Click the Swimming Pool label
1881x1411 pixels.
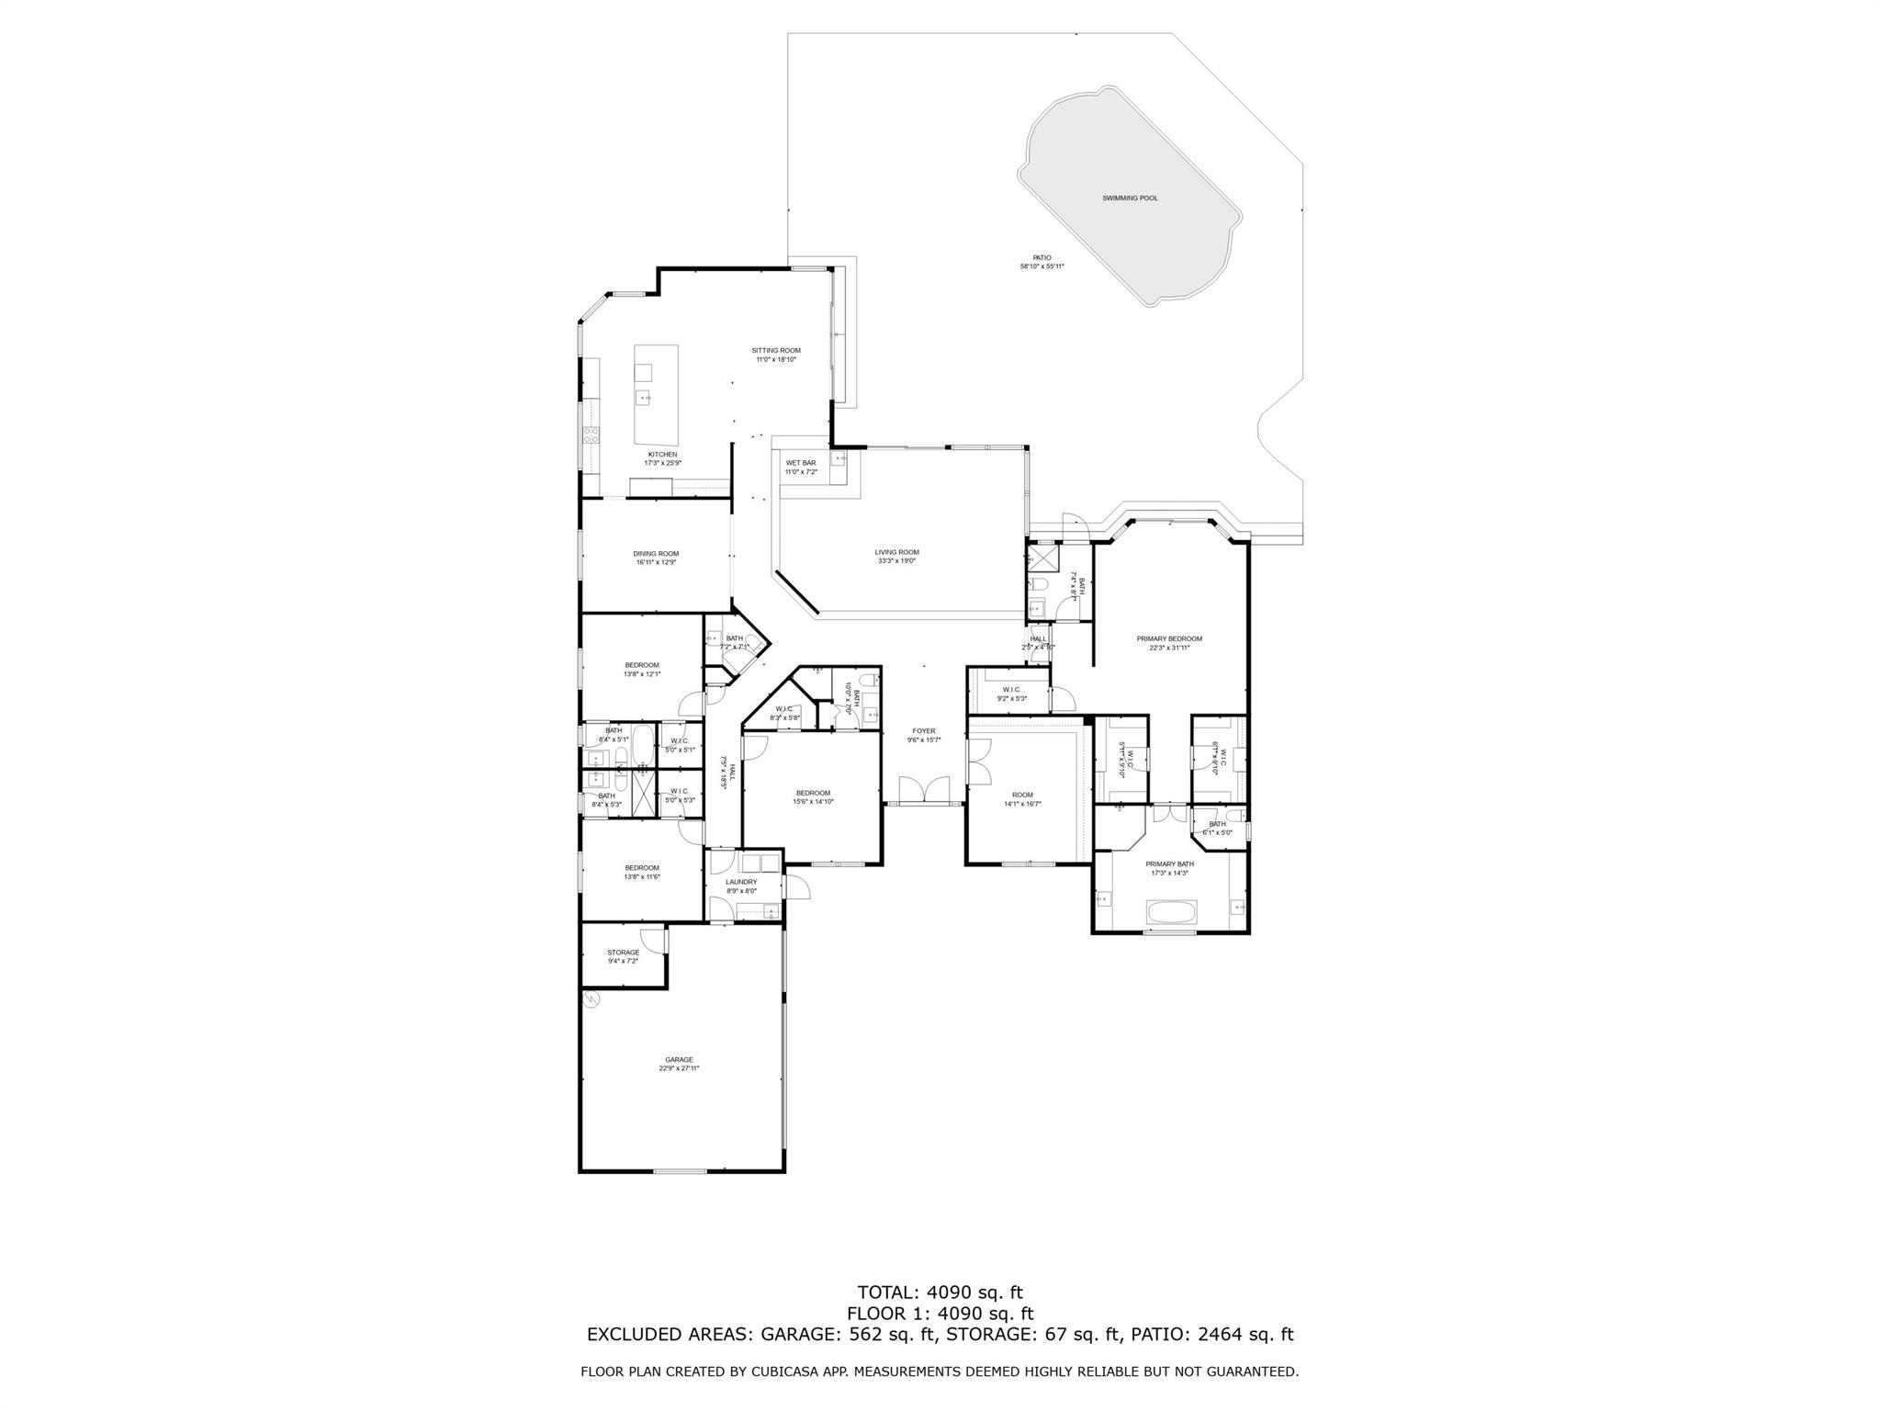pyautogui.click(x=1130, y=198)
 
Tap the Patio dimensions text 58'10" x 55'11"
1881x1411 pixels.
pyautogui.click(x=1042, y=267)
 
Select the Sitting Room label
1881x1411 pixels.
pyautogui.click(x=776, y=350)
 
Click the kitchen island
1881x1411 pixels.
pyautogui.click(x=656, y=395)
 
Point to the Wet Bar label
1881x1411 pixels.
pyautogui.click(x=800, y=463)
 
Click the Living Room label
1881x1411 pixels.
pyautogui.click(x=896, y=552)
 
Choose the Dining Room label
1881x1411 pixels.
pyautogui.click(x=656, y=554)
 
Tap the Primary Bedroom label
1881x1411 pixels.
pyautogui.click(x=1168, y=638)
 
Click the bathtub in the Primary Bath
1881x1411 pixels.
pyautogui.click(x=1170, y=912)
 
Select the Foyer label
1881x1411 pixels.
pyautogui.click(x=923, y=731)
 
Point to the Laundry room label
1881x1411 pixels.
pyautogui.click(x=741, y=882)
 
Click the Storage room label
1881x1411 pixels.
pyautogui.click(x=623, y=953)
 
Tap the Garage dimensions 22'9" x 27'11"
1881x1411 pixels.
pyautogui.click(x=679, y=1068)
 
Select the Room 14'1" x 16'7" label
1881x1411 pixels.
pyautogui.click(x=1022, y=795)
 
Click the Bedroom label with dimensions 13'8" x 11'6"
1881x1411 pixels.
pyautogui.click(x=642, y=868)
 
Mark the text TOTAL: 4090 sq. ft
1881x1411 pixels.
pyautogui.click(x=940, y=1293)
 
